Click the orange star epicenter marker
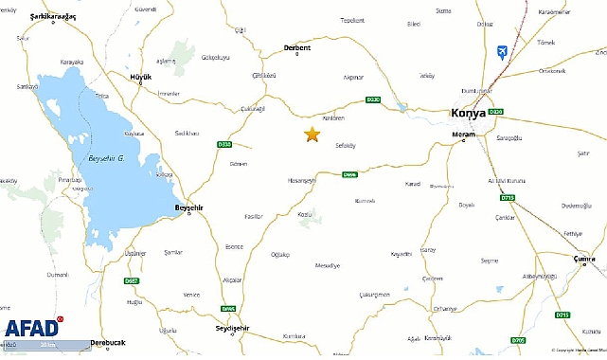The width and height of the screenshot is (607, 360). coord(312,135)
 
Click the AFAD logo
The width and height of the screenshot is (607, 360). coord(32,328)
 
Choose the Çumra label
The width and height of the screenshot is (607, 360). coord(588,258)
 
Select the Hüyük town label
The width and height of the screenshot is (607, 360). coord(140,75)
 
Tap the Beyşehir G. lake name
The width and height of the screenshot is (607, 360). coord(107,157)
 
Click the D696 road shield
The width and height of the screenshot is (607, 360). coord(349,173)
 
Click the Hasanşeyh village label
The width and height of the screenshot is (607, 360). coord(301,181)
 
